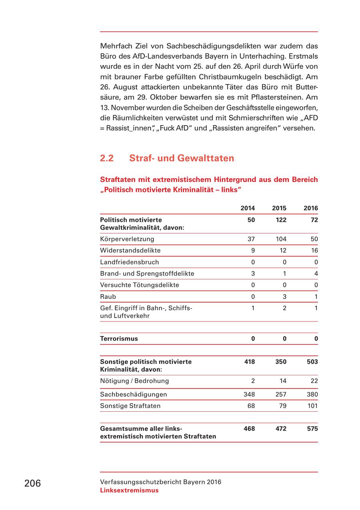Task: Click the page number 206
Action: pos(32,484)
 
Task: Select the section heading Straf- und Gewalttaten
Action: pos(182,158)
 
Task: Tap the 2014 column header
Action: pos(248,208)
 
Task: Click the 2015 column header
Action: pos(279,208)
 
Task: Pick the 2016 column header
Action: pos(311,208)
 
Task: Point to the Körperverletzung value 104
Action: pos(281,239)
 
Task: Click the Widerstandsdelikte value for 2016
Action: pos(314,251)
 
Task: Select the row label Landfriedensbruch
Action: pos(129,262)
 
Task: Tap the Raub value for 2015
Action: pos(284,297)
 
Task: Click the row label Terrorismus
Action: pos(119,339)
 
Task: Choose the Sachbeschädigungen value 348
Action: pos(249,394)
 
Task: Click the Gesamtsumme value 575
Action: pos(312,429)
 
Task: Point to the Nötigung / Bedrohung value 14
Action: pos(283,381)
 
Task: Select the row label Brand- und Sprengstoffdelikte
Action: pos(147,274)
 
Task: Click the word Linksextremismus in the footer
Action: pos(129,490)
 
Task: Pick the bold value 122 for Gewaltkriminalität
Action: pos(281,220)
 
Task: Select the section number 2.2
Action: pos(107,158)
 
